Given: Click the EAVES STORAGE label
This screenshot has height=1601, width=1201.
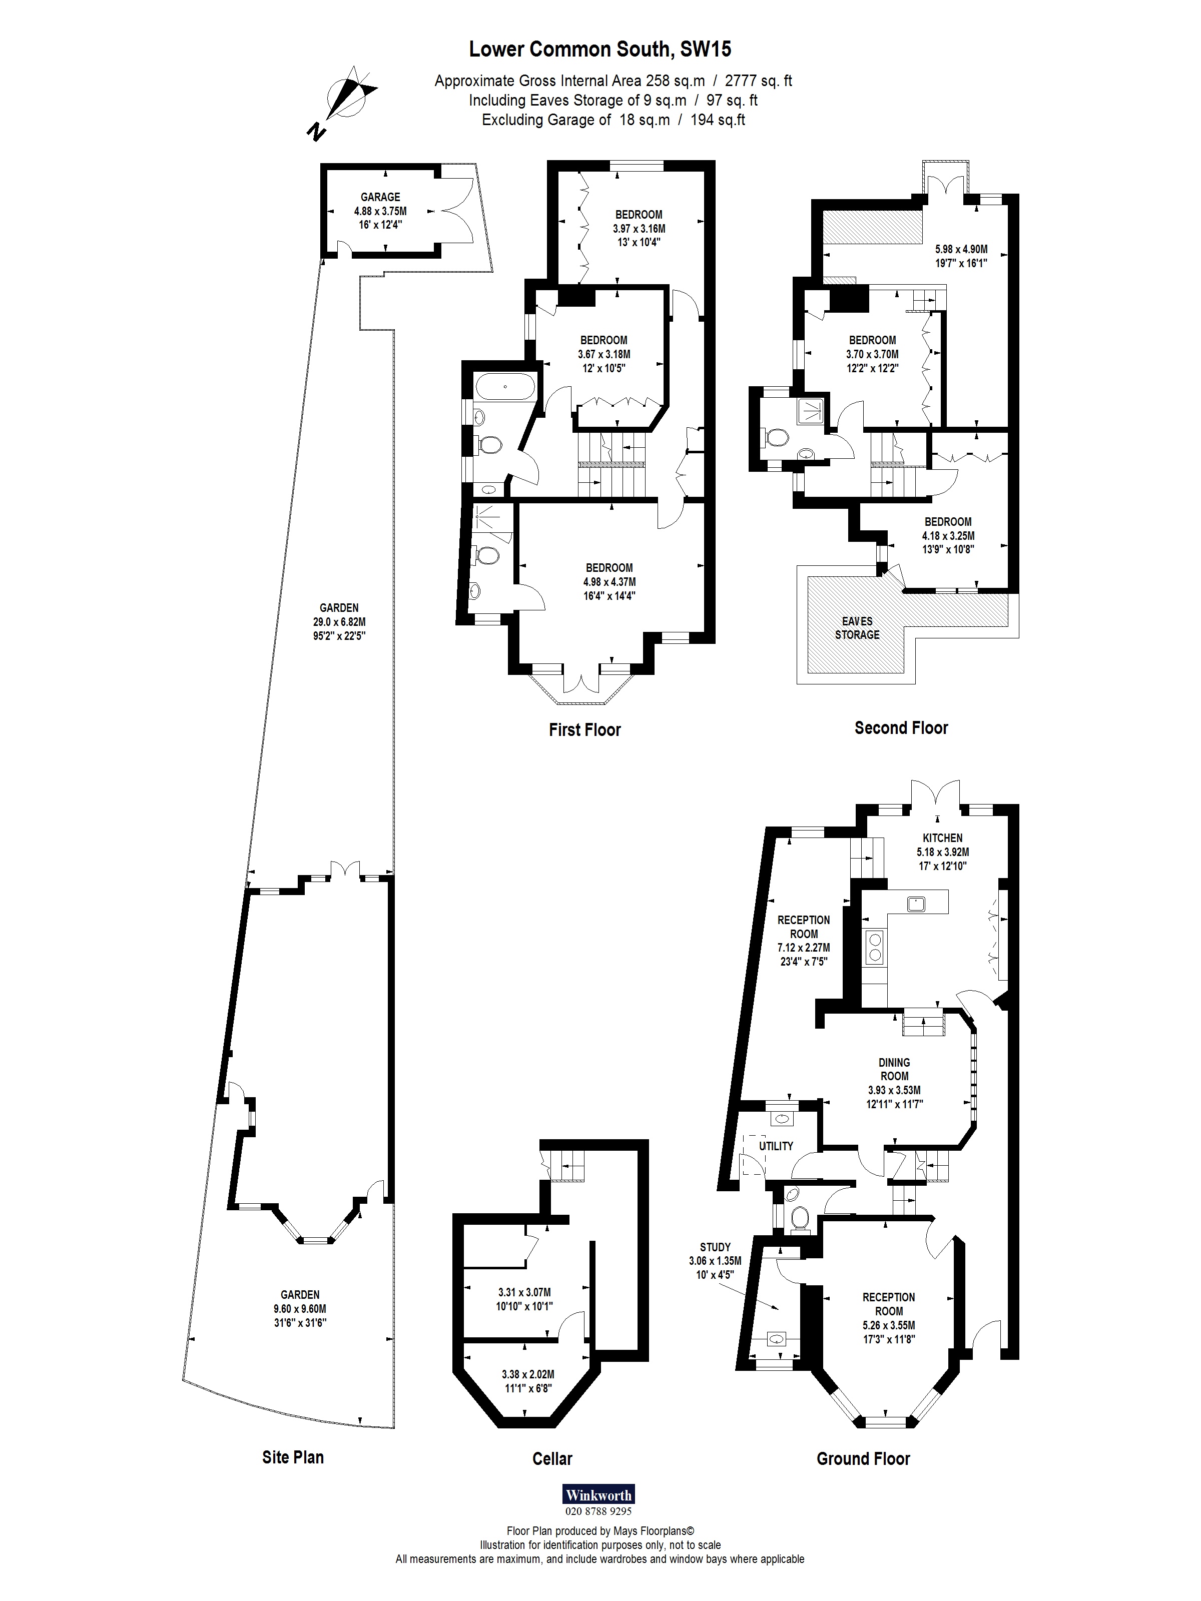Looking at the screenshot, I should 857,628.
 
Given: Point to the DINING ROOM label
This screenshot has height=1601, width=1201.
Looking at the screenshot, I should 894,1069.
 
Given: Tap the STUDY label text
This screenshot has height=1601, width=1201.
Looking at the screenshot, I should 715,1247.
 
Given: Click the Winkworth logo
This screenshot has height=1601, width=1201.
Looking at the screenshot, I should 598,1494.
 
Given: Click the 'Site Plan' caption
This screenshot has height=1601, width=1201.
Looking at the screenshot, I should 292,1457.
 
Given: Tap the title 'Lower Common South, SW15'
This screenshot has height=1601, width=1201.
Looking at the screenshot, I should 600,49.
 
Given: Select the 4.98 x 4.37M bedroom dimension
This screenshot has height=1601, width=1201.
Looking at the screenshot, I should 609,582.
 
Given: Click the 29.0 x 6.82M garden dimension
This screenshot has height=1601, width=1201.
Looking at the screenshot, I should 339,622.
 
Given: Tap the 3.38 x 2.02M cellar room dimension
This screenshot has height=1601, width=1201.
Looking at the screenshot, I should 528,1374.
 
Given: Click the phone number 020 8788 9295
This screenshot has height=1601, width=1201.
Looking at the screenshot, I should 598,1511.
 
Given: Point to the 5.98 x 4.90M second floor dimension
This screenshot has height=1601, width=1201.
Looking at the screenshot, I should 961,250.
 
